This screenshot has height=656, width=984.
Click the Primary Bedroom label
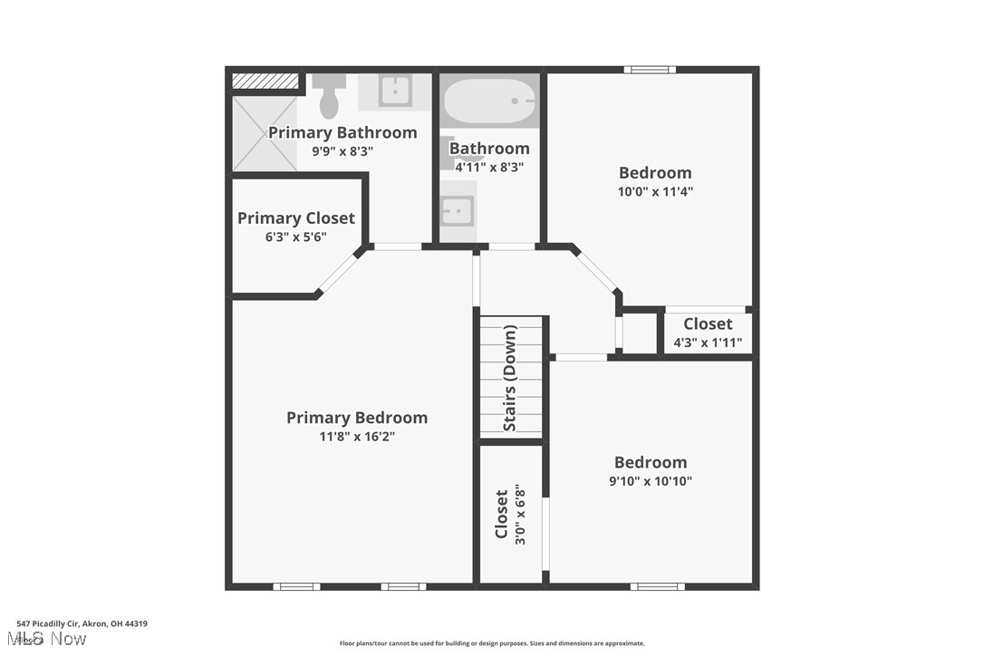pyautogui.click(x=357, y=418)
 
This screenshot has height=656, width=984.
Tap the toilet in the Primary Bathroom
pyautogui.click(x=330, y=94)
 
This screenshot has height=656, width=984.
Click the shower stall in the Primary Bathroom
pyautogui.click(x=265, y=134)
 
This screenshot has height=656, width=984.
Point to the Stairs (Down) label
pyautogui.click(x=510, y=379)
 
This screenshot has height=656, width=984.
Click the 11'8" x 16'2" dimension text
pyautogui.click(x=357, y=437)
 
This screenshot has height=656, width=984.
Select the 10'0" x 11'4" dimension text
pyautogui.click(x=655, y=191)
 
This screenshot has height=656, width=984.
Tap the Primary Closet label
pyautogui.click(x=296, y=218)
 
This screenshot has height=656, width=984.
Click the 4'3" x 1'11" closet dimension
pyautogui.click(x=708, y=342)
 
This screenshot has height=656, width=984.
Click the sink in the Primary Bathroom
pyautogui.click(x=394, y=90)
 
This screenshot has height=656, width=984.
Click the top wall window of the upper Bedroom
pyautogui.click(x=650, y=70)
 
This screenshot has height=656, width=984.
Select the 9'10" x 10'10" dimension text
pyautogui.click(x=651, y=481)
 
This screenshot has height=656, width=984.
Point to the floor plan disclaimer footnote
pyautogui.click(x=492, y=643)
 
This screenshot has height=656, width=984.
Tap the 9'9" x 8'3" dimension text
pyautogui.click(x=342, y=151)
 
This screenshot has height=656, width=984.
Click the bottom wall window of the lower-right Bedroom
pyautogui.click(x=658, y=586)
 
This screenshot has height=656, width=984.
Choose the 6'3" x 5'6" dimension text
pyautogui.click(x=296, y=236)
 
